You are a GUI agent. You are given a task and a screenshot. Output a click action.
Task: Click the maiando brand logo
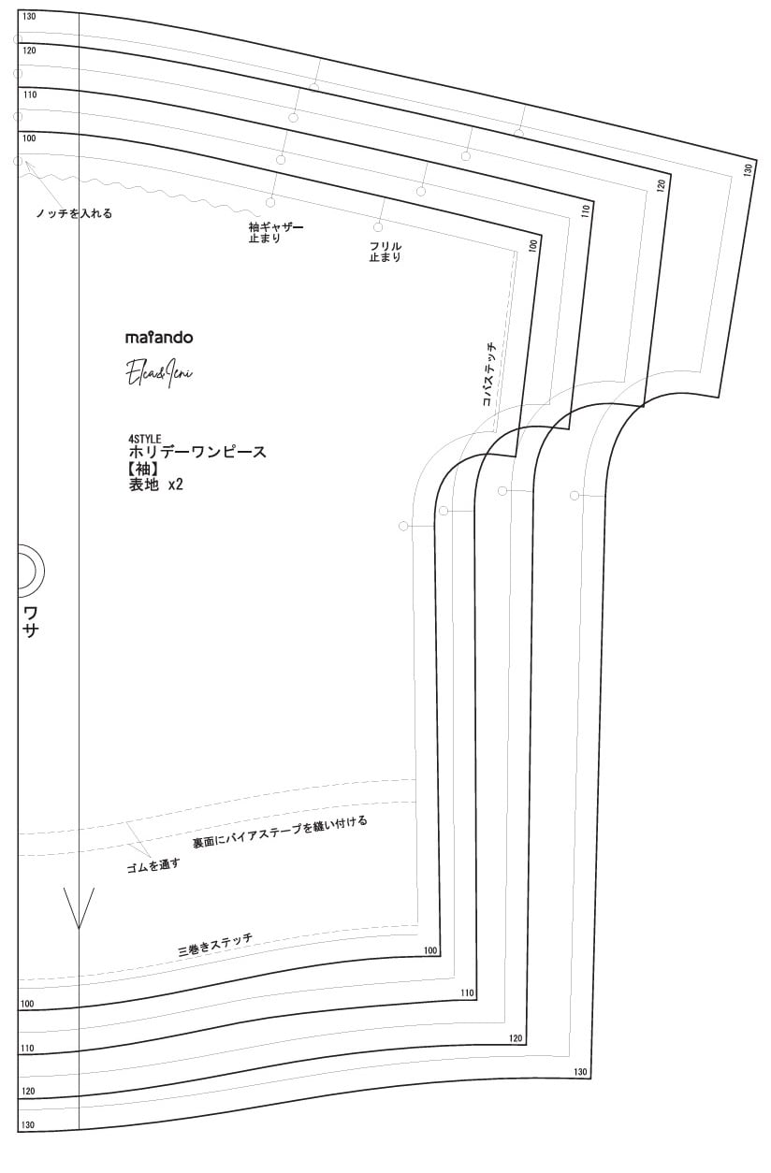click(x=159, y=338)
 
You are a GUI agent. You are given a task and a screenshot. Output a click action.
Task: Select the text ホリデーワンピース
click(x=197, y=452)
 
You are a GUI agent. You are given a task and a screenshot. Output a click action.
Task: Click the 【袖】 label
click(x=146, y=468)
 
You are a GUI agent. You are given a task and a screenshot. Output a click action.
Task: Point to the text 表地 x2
click(x=155, y=485)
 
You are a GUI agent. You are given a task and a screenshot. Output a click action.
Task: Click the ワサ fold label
click(x=31, y=621)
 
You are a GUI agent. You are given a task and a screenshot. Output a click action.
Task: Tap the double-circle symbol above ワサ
click(x=25, y=570)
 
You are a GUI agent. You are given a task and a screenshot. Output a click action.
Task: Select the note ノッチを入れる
click(x=73, y=213)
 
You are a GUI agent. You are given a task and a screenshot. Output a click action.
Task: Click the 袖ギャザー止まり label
click(x=275, y=232)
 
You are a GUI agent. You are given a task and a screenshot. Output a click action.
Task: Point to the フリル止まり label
click(x=385, y=252)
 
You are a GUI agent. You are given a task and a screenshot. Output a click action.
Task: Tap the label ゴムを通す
click(x=153, y=864)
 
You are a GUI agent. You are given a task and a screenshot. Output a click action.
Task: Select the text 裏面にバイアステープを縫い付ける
click(x=280, y=832)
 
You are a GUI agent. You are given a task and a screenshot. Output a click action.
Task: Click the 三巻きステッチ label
click(x=215, y=945)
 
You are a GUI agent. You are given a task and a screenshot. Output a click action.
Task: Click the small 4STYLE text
click(x=145, y=438)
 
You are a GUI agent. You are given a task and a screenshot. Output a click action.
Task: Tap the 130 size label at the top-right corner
click(x=748, y=169)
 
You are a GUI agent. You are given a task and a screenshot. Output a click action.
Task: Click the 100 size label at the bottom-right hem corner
click(x=429, y=951)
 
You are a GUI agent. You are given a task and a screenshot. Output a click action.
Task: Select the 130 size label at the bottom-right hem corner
click(x=579, y=1072)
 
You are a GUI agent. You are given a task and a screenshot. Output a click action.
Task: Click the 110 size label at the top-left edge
click(x=29, y=95)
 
